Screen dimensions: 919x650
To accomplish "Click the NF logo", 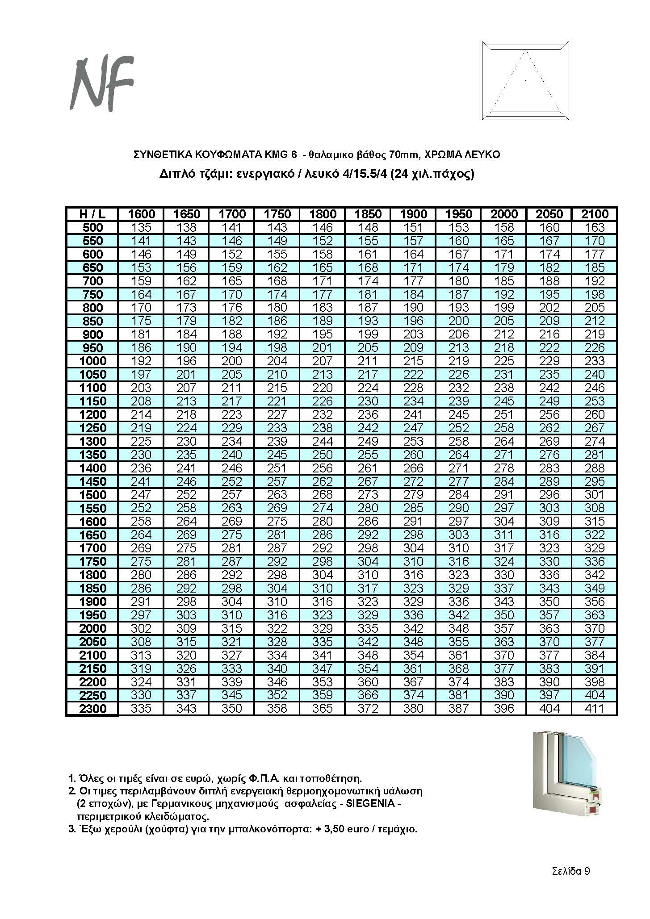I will tap(102, 84).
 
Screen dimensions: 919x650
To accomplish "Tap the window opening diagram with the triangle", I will tap(525, 81).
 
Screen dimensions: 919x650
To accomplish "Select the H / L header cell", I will tap(92, 214).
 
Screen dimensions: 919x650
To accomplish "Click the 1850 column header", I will tap(368, 214).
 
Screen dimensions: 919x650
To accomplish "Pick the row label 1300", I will tap(92, 442).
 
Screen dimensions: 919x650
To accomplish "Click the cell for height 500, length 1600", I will tap(141, 227).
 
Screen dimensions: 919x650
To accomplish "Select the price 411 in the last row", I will tap(594, 709).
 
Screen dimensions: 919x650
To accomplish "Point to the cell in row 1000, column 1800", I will tap(322, 361).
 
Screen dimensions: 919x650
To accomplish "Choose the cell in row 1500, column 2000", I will tap(504, 495).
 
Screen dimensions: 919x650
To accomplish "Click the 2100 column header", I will tap(594, 214).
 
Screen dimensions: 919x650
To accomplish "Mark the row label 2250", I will tap(92, 696).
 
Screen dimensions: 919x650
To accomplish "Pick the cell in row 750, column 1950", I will tap(458, 294).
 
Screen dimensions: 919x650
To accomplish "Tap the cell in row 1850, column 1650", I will tap(186, 589).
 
